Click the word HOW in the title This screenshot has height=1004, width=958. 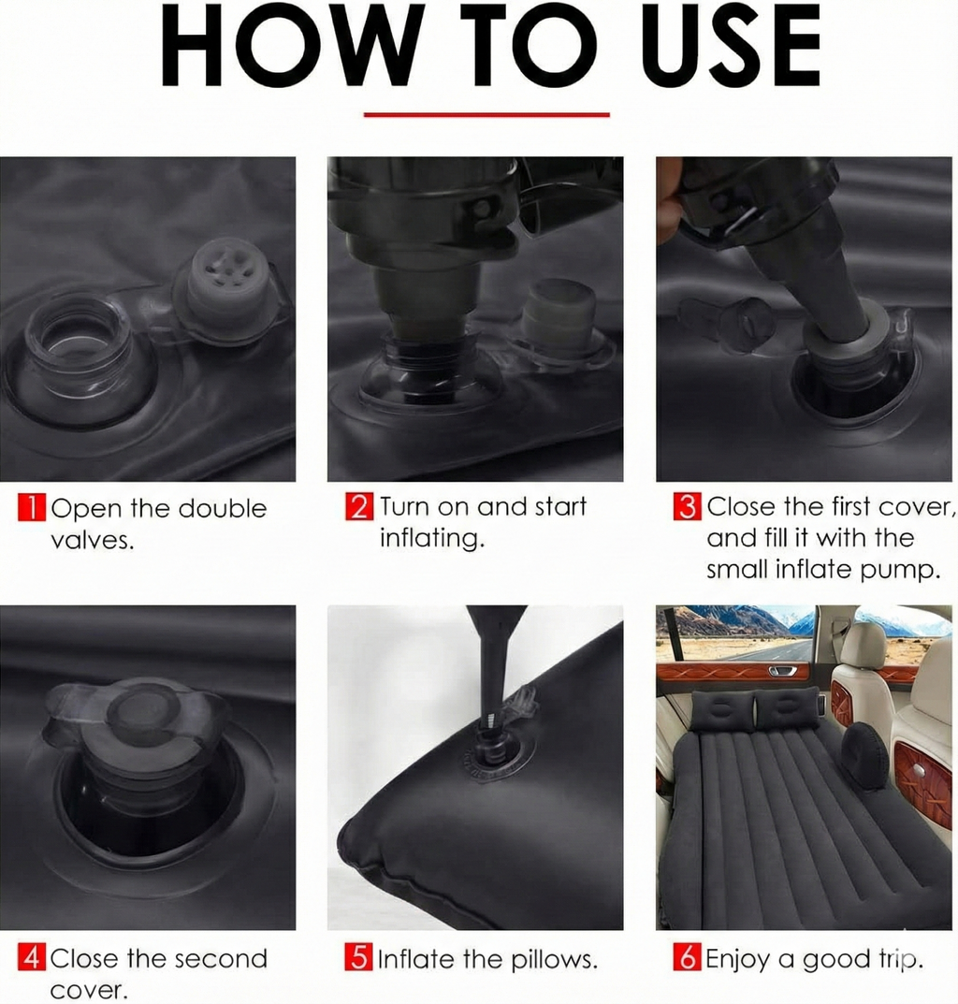pos(286,48)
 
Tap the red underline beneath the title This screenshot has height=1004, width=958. pos(486,115)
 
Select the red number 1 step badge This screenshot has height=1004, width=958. pos(31,509)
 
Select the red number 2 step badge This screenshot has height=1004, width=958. pos(359,507)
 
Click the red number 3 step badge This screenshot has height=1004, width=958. pos(687,507)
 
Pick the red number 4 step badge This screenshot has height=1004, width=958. pos(31,958)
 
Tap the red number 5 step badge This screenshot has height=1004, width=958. pos(359,958)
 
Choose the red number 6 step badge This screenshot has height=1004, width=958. pos(687,958)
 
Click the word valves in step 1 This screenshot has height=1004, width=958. pos(92,541)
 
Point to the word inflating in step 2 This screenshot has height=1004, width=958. pos(431,540)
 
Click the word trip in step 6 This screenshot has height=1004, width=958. pos(901,960)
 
